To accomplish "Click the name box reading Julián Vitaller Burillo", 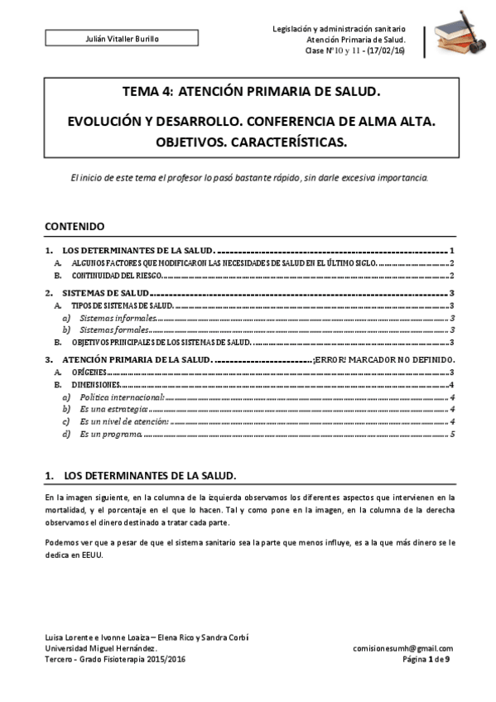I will click(x=122, y=39).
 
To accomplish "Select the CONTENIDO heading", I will click(x=74, y=225).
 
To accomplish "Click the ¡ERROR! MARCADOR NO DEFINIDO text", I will click(x=384, y=360).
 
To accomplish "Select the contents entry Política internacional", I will click(x=122, y=397).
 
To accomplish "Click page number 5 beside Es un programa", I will click(x=452, y=434).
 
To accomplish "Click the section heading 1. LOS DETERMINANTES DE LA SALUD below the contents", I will click(x=141, y=476).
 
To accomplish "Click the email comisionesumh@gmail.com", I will click(x=402, y=648).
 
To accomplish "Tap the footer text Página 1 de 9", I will click(x=426, y=659).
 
